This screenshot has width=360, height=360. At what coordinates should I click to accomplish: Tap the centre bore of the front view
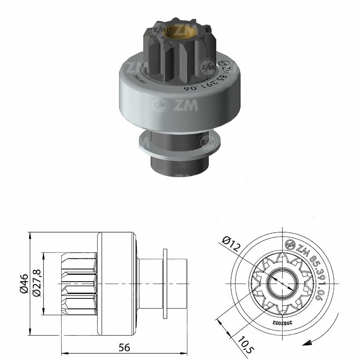(282, 283)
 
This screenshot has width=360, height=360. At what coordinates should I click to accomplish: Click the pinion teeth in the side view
(79, 283)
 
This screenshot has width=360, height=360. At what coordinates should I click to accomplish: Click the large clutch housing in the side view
(116, 283)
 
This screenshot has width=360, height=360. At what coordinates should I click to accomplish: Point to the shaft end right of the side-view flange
(178, 283)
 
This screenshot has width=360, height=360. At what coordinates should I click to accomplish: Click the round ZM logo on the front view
(290, 245)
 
